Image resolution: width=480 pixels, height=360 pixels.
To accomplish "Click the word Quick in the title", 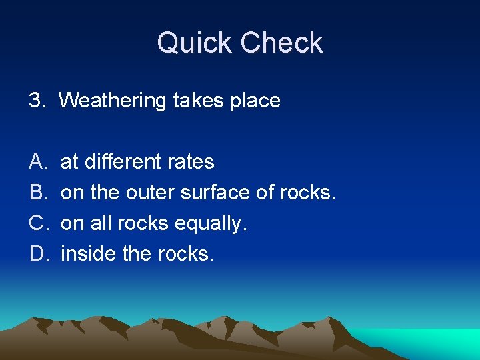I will click(x=195, y=43).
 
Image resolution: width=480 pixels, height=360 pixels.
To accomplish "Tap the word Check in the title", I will click(x=282, y=43).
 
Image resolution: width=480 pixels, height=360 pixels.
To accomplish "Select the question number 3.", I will click(x=36, y=101).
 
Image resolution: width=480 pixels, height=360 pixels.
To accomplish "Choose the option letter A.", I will click(x=36, y=161).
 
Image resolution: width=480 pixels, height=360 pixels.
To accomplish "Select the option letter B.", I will click(x=36, y=192).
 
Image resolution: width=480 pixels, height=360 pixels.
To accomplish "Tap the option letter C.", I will click(x=37, y=223).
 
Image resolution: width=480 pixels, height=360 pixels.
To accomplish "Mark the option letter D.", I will click(x=37, y=253).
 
